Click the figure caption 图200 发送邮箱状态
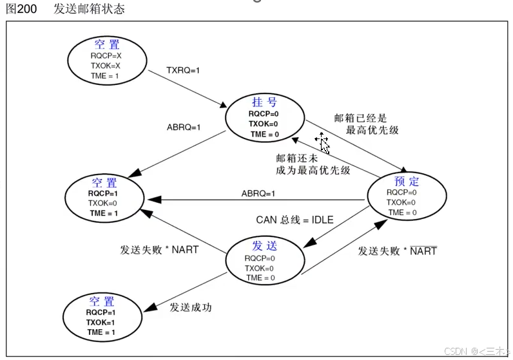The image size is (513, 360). click(x=65, y=9)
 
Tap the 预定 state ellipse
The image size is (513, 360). click(x=406, y=196)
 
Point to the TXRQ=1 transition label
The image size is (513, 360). click(x=183, y=70)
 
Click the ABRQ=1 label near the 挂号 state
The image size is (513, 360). click(x=184, y=127)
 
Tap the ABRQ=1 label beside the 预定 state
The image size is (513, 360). click(x=258, y=193)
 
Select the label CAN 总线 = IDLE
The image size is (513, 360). click(x=295, y=220)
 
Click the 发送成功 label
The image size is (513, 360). click(x=191, y=307)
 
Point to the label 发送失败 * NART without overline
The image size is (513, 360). click(x=159, y=249)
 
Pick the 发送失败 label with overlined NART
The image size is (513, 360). click(x=397, y=251)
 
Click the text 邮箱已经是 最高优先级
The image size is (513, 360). click(x=366, y=124)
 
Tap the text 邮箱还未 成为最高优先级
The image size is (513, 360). click(x=313, y=164)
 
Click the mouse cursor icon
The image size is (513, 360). click(x=322, y=142)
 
